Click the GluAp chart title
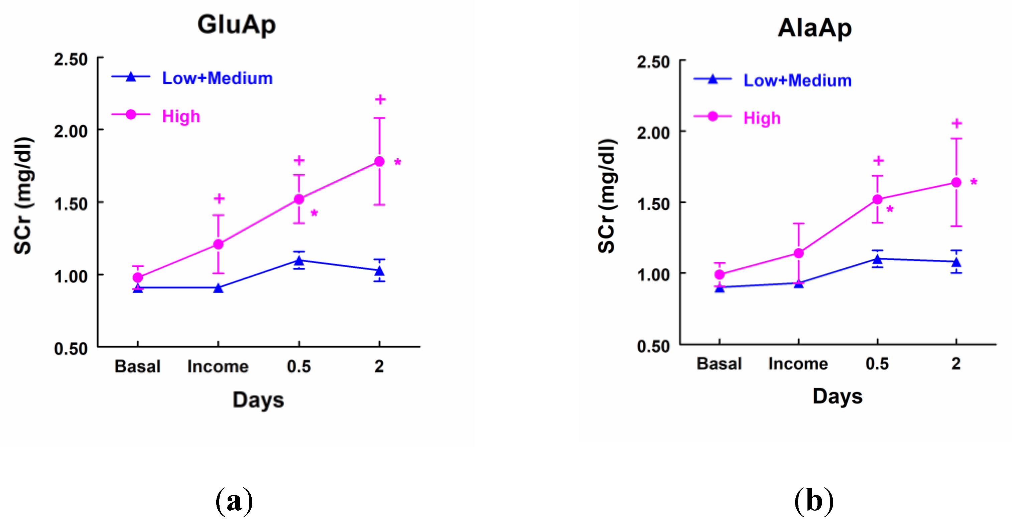(237, 25)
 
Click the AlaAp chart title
(814, 28)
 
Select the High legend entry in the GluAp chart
(181, 116)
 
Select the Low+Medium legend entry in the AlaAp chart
(797, 81)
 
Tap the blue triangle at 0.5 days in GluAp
(299, 260)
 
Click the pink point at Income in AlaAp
(798, 253)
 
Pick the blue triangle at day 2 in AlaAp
(956, 262)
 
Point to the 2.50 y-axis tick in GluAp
(71, 59)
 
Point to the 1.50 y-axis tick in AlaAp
(653, 204)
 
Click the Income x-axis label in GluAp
(218, 366)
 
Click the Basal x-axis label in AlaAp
(719, 363)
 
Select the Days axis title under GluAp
(258, 400)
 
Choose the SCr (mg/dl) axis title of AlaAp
(607, 196)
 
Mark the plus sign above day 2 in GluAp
(380, 99)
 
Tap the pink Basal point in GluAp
(137, 277)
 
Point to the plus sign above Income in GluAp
(219, 198)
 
